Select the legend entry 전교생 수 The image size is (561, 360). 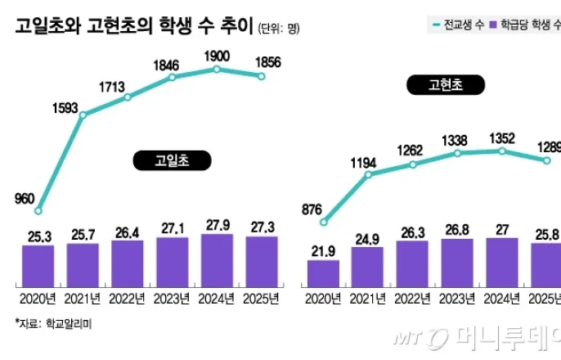(454, 25)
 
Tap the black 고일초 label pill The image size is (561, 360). (160, 161)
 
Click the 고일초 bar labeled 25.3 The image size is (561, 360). (38, 264)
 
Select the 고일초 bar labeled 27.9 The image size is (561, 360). (217, 259)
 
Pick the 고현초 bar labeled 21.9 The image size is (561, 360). (323, 272)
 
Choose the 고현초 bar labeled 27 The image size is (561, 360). (501, 261)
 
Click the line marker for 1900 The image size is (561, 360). (217, 70)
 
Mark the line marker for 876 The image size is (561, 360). (324, 221)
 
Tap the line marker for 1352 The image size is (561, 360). (501, 151)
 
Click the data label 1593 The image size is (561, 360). (67, 106)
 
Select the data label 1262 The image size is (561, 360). (412, 150)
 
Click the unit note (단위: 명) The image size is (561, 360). (278, 29)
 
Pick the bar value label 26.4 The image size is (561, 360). (128, 230)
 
